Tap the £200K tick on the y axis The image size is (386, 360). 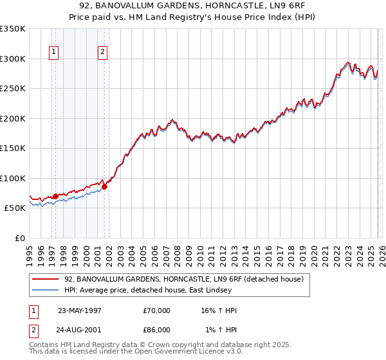point(13,118)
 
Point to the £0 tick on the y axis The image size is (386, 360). point(19,238)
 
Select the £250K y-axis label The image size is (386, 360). point(13,88)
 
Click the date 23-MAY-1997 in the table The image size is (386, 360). point(80,310)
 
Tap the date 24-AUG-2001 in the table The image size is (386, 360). point(80,330)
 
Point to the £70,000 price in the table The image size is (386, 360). point(157,310)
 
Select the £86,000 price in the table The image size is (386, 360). point(157,330)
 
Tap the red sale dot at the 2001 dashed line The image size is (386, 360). point(105,186)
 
